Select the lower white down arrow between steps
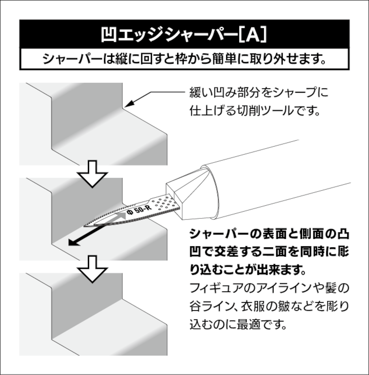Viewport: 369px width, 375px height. pyautogui.click(x=92, y=269)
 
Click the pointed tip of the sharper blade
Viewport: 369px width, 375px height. pyautogui.click(x=84, y=226)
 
